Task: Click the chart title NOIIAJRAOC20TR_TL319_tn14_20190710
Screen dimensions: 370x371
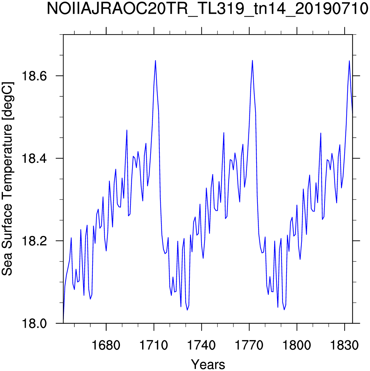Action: click(208, 9)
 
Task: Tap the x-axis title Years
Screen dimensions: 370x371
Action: click(208, 364)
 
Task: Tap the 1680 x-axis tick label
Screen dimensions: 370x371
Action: click(106, 345)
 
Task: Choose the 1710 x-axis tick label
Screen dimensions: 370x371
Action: click(154, 345)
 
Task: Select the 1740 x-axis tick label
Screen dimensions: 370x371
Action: click(201, 345)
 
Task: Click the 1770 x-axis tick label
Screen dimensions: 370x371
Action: click(249, 345)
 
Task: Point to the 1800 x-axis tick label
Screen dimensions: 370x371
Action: click(297, 345)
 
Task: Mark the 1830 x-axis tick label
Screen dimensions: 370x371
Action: click(344, 345)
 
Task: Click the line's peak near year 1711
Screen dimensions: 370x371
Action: click(155, 61)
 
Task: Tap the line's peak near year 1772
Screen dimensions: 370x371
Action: click(252, 60)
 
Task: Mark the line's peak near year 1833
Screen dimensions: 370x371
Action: click(349, 61)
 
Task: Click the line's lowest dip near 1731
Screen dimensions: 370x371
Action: click(187, 310)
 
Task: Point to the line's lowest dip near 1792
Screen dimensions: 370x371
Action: click(284, 310)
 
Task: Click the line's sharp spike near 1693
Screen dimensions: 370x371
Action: click(127, 130)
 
